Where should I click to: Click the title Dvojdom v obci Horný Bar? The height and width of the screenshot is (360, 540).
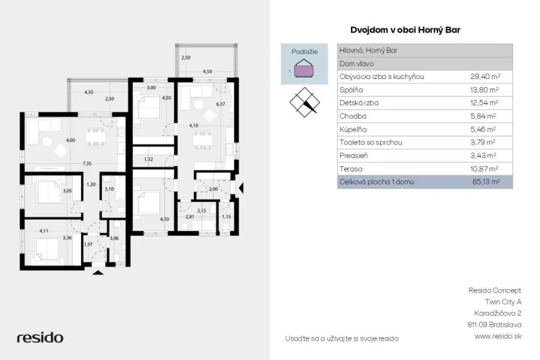405,30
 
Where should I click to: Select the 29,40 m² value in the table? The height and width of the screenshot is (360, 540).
485,76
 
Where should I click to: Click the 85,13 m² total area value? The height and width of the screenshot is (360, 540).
486,182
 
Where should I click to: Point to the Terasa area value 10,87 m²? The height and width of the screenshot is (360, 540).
484,169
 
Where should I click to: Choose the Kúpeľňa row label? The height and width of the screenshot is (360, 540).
353,129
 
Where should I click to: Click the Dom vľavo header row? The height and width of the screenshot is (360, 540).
425,63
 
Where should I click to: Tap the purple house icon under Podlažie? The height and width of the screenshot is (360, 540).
304,68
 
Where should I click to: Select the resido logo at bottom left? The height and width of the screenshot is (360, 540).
40,337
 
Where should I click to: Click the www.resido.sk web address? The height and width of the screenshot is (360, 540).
498,336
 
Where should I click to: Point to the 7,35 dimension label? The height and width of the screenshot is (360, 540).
87,163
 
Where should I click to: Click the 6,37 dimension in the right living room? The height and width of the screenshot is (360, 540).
221,104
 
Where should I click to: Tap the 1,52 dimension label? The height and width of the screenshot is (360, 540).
148,159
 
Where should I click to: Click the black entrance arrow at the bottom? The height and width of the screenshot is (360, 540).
98,272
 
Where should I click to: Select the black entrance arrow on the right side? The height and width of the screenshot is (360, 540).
241,188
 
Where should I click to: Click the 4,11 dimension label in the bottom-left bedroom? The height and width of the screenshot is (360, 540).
44,231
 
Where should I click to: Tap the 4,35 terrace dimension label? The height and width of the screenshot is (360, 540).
89,92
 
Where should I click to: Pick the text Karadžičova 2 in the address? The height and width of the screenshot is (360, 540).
497,313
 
